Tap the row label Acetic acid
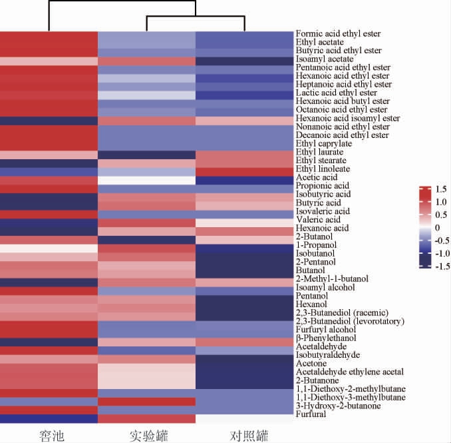[x=317, y=177]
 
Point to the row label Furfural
[x=311, y=414]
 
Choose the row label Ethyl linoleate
[x=324, y=169]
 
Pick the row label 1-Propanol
[x=315, y=245]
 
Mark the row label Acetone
[x=311, y=364]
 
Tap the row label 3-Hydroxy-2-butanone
[x=337, y=406]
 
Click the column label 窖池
[x=49, y=436]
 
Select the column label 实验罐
[x=148, y=436]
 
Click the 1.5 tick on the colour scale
[x=442, y=189]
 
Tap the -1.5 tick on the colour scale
[x=440, y=266]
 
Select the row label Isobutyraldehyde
[x=329, y=355]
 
